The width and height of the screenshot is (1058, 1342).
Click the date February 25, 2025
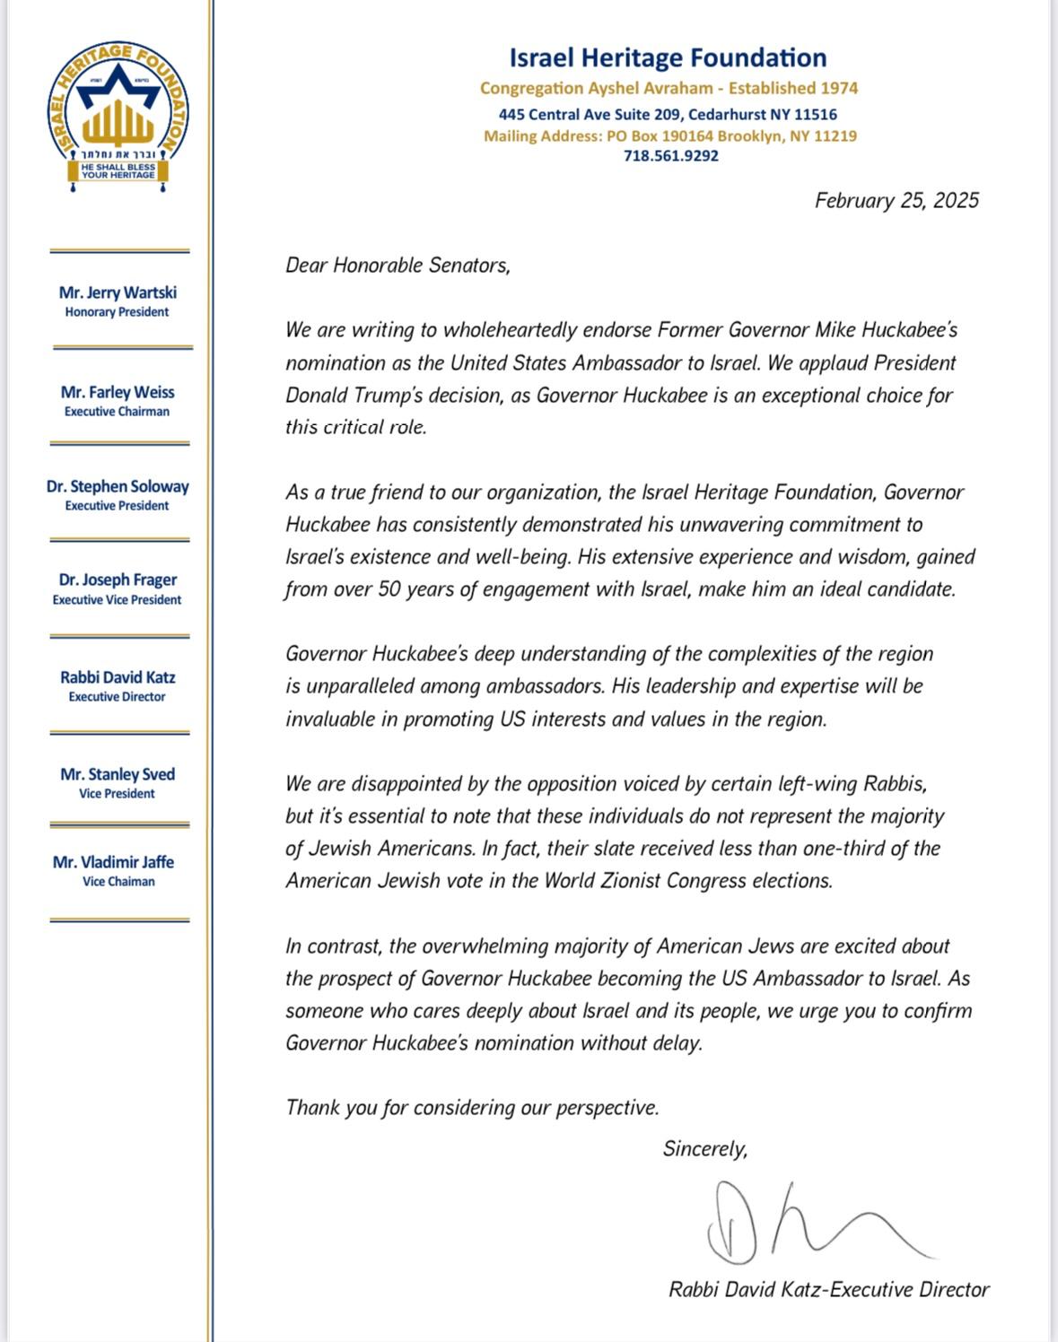tap(896, 200)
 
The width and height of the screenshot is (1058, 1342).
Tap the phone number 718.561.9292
tap(670, 156)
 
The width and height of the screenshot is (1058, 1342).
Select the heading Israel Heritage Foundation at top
tap(668, 57)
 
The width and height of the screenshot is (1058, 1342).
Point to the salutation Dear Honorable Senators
tap(398, 266)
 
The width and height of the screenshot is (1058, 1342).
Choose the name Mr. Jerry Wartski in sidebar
tap(118, 292)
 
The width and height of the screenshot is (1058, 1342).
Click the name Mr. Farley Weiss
tap(118, 392)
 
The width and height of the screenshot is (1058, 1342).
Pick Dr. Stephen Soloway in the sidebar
tap(118, 486)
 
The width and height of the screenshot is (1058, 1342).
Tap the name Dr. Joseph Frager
tap(118, 579)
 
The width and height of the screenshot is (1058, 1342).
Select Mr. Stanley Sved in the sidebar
tap(118, 774)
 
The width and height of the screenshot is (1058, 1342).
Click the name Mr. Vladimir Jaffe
tap(113, 862)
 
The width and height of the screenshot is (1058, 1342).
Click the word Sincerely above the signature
tap(704, 1149)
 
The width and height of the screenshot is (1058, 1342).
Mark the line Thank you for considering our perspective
tap(472, 1108)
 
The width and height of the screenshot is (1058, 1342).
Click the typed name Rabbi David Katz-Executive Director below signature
tap(828, 1290)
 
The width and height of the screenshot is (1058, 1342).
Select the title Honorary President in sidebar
tap(117, 312)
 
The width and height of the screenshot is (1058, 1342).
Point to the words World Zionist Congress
tap(645, 881)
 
